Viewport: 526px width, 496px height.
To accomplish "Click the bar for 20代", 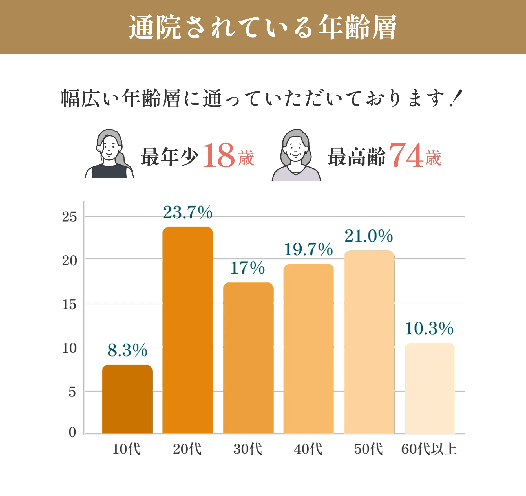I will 187,330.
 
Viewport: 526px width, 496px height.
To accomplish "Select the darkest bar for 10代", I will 127,399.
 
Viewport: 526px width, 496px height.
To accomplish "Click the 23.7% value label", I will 188,212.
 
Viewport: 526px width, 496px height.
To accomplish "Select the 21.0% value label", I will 369,236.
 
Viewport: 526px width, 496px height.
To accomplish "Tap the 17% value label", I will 247,268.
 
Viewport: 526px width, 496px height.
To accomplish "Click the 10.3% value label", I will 429,328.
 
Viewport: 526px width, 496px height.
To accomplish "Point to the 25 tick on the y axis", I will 69,217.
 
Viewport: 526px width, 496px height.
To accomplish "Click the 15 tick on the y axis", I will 69,304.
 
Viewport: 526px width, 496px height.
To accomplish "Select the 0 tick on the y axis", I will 72,432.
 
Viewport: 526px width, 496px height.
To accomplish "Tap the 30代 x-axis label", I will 247,449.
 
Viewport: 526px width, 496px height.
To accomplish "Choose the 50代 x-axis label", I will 368,449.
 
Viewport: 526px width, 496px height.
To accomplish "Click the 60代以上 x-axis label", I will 429,449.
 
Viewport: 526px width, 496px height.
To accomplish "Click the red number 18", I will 219,156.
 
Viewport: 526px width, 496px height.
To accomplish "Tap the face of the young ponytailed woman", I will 109,148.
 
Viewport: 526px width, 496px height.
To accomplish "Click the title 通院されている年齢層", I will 263,27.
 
